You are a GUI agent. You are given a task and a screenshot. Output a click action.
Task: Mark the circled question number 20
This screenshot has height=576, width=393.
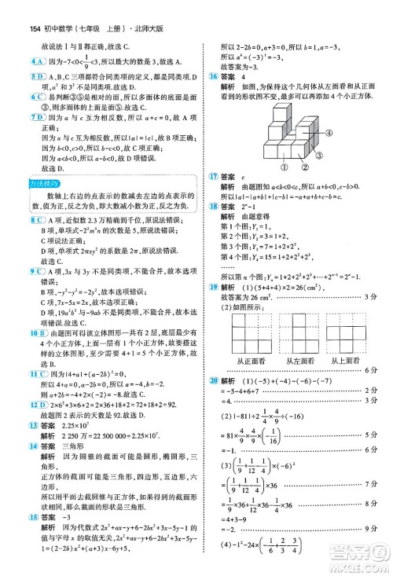[x=211, y=380]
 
